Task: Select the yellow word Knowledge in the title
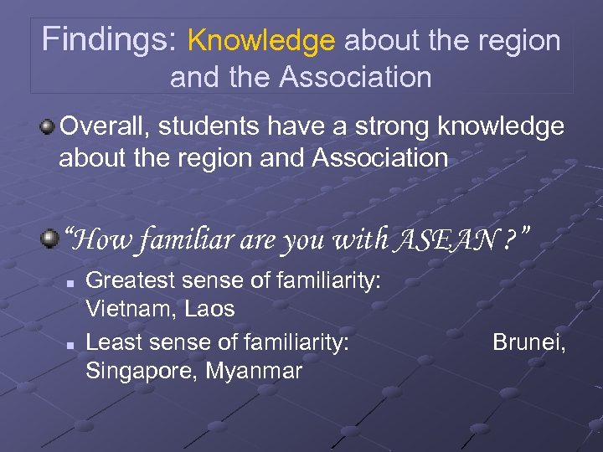tap(261, 39)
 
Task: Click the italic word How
tap(99, 241)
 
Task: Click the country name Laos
tap(211, 309)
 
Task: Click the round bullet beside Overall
tap(49, 127)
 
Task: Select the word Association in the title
tap(357, 77)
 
